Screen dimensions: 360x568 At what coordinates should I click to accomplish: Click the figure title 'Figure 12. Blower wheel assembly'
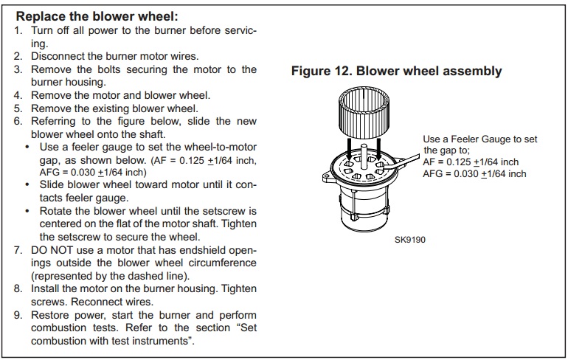[396, 72]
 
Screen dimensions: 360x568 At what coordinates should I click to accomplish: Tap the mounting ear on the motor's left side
[325, 177]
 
